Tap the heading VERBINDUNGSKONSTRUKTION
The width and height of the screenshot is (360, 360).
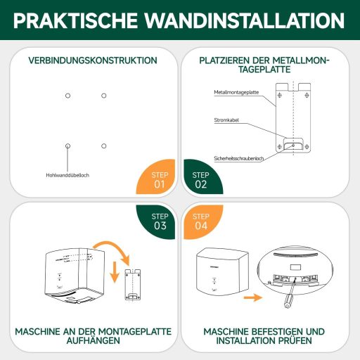click(93, 60)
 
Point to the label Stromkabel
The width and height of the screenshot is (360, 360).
click(226, 121)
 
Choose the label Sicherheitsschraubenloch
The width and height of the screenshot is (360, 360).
click(239, 158)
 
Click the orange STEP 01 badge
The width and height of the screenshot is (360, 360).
click(160, 180)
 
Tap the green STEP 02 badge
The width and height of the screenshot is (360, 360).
click(200, 180)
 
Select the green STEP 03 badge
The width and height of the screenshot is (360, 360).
click(160, 220)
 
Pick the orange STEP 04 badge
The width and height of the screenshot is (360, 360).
click(200, 220)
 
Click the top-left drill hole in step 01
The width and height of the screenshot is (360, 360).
click(67, 95)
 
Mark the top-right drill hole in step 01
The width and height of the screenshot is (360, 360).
click(103, 95)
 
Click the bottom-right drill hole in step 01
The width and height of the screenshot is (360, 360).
click(103, 146)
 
